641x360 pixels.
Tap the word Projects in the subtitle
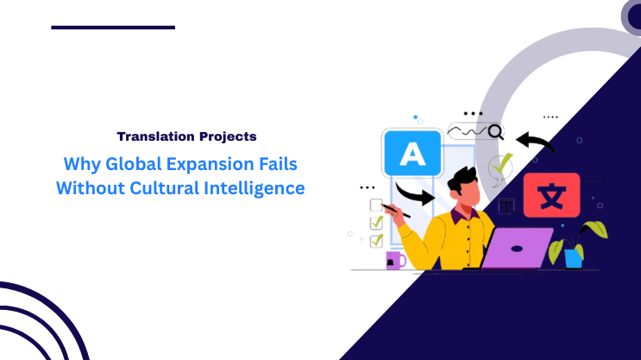225,136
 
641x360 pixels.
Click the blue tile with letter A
413,155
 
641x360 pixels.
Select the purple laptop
515,248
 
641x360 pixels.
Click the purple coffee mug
394,260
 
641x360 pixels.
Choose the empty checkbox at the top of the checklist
376,205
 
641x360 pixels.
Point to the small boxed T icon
507,206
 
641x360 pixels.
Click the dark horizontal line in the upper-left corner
113,28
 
